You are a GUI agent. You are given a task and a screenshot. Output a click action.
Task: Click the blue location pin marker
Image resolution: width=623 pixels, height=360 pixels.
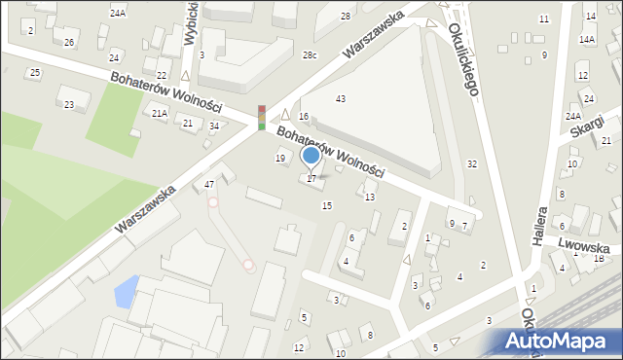[x=311, y=155]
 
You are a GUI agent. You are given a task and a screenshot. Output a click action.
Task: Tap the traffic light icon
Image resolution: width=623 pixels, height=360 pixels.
[x=261, y=117]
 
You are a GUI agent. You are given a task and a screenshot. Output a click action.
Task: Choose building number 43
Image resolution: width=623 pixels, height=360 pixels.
[x=340, y=99]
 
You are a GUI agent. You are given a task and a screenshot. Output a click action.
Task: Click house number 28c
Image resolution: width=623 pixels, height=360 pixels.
[x=309, y=55]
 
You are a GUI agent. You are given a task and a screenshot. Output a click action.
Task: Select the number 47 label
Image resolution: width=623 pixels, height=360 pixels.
[x=208, y=185]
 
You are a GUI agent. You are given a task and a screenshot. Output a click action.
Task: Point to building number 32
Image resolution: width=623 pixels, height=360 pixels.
[x=471, y=164]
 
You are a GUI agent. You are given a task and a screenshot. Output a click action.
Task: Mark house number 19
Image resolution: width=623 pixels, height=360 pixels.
[x=280, y=158]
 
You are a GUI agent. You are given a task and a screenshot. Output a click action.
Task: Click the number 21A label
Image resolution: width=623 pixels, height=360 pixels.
[x=160, y=114]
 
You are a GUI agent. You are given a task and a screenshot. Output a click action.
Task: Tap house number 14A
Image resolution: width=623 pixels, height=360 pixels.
[x=587, y=40]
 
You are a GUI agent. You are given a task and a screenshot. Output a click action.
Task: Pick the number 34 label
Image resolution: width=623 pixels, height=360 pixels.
[x=214, y=126]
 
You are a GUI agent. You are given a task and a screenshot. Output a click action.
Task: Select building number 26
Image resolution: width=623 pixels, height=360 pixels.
[x=68, y=43]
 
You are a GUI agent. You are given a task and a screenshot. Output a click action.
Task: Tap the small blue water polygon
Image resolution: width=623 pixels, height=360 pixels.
[x=126, y=289]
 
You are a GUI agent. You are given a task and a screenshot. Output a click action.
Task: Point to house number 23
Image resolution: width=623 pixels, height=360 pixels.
[x=68, y=104]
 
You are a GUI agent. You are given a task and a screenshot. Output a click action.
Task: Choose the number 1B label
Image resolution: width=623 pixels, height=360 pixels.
[x=599, y=259]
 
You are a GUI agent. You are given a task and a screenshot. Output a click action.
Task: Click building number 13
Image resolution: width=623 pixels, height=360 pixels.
[x=369, y=198]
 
